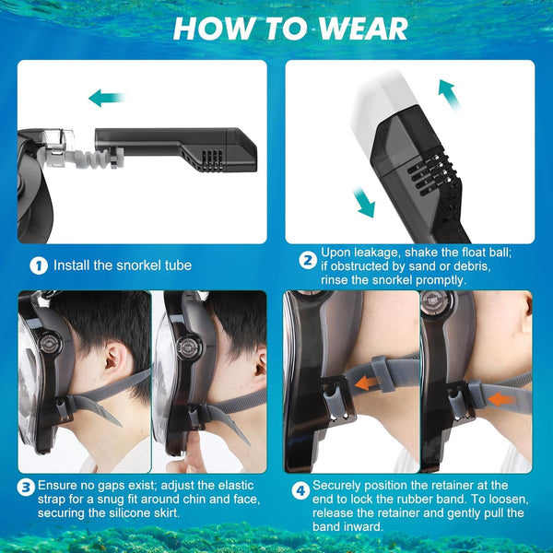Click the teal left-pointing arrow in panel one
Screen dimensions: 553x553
(107, 98)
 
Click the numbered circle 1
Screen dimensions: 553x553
(38, 266)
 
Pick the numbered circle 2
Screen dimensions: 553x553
(308, 259)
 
